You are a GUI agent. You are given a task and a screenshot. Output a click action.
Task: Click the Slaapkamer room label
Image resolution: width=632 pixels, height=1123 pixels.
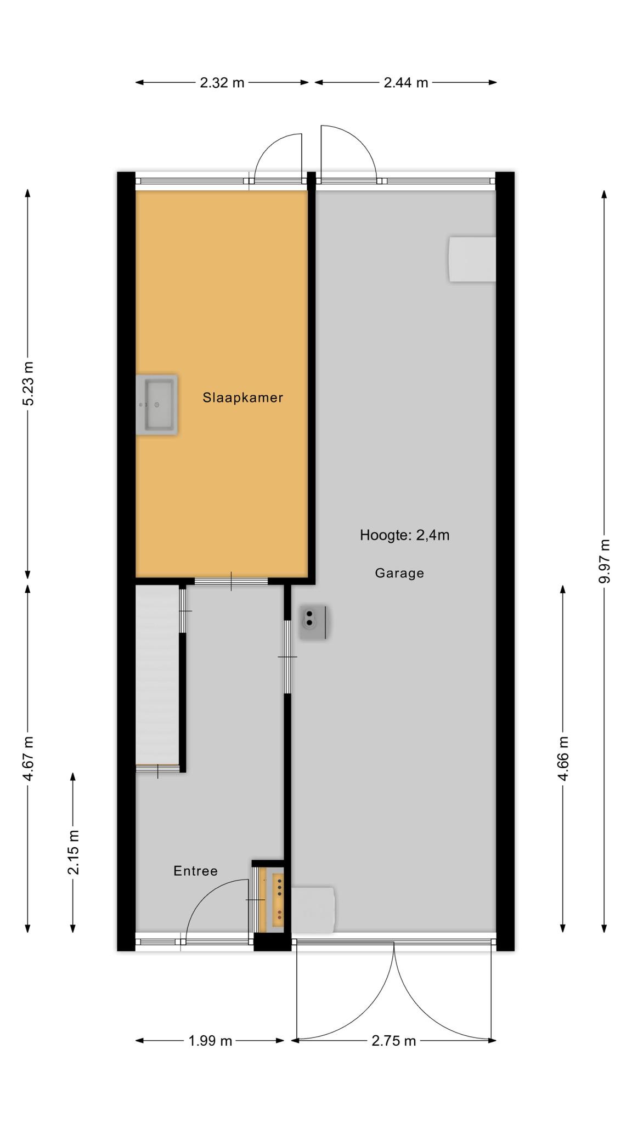click(242, 398)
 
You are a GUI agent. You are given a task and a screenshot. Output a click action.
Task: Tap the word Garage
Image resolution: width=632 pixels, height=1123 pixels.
click(399, 573)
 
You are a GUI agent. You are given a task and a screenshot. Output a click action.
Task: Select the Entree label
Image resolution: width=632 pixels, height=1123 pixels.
click(195, 871)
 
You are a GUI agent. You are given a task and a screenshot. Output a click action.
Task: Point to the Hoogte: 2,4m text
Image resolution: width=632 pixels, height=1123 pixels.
click(404, 535)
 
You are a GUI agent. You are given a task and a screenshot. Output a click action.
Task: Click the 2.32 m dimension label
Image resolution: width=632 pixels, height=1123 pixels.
click(222, 83)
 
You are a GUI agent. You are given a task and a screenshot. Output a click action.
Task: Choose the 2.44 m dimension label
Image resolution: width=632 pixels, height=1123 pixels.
click(405, 83)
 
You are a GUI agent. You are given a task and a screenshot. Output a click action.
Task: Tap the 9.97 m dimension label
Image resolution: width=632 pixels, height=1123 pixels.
click(604, 561)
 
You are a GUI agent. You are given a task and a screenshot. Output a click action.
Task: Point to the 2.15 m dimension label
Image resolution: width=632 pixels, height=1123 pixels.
click(73, 852)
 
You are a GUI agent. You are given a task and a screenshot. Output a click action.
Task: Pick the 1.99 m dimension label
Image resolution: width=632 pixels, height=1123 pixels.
click(210, 1040)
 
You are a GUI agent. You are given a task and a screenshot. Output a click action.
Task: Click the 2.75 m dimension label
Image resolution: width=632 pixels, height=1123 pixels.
click(393, 1040)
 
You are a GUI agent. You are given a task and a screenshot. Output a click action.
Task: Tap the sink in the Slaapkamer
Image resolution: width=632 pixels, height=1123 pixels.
click(157, 405)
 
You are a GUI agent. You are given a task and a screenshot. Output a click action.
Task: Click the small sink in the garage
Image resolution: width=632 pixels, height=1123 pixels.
click(313, 622)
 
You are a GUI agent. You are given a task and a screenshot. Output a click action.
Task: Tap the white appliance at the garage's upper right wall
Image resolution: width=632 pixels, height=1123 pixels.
click(472, 259)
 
